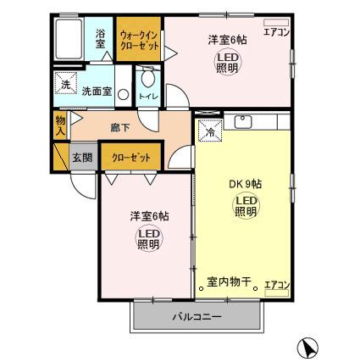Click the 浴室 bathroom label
(99, 40)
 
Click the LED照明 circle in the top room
(225, 63)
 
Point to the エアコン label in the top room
(275, 32)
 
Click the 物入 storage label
(61, 127)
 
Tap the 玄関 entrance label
(80, 158)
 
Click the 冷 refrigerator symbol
(208, 132)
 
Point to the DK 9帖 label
(245, 184)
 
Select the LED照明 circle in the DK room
(245, 206)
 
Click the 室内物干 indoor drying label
(230, 283)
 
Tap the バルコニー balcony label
(197, 318)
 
